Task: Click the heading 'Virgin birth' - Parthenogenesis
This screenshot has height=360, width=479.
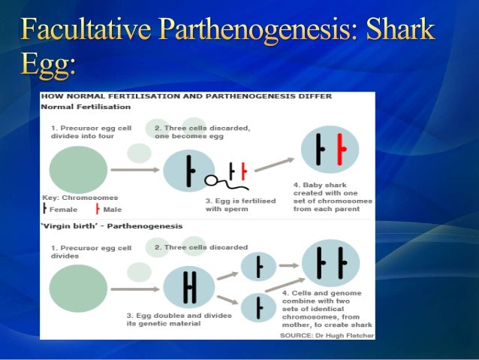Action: pos(112,225)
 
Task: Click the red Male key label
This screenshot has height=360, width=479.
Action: pos(111,210)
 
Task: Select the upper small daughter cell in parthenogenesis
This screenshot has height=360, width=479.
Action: pos(260,265)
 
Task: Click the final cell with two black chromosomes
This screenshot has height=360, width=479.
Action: pos(330,263)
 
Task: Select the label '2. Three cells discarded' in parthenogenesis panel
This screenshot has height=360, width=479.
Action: pos(200,247)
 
